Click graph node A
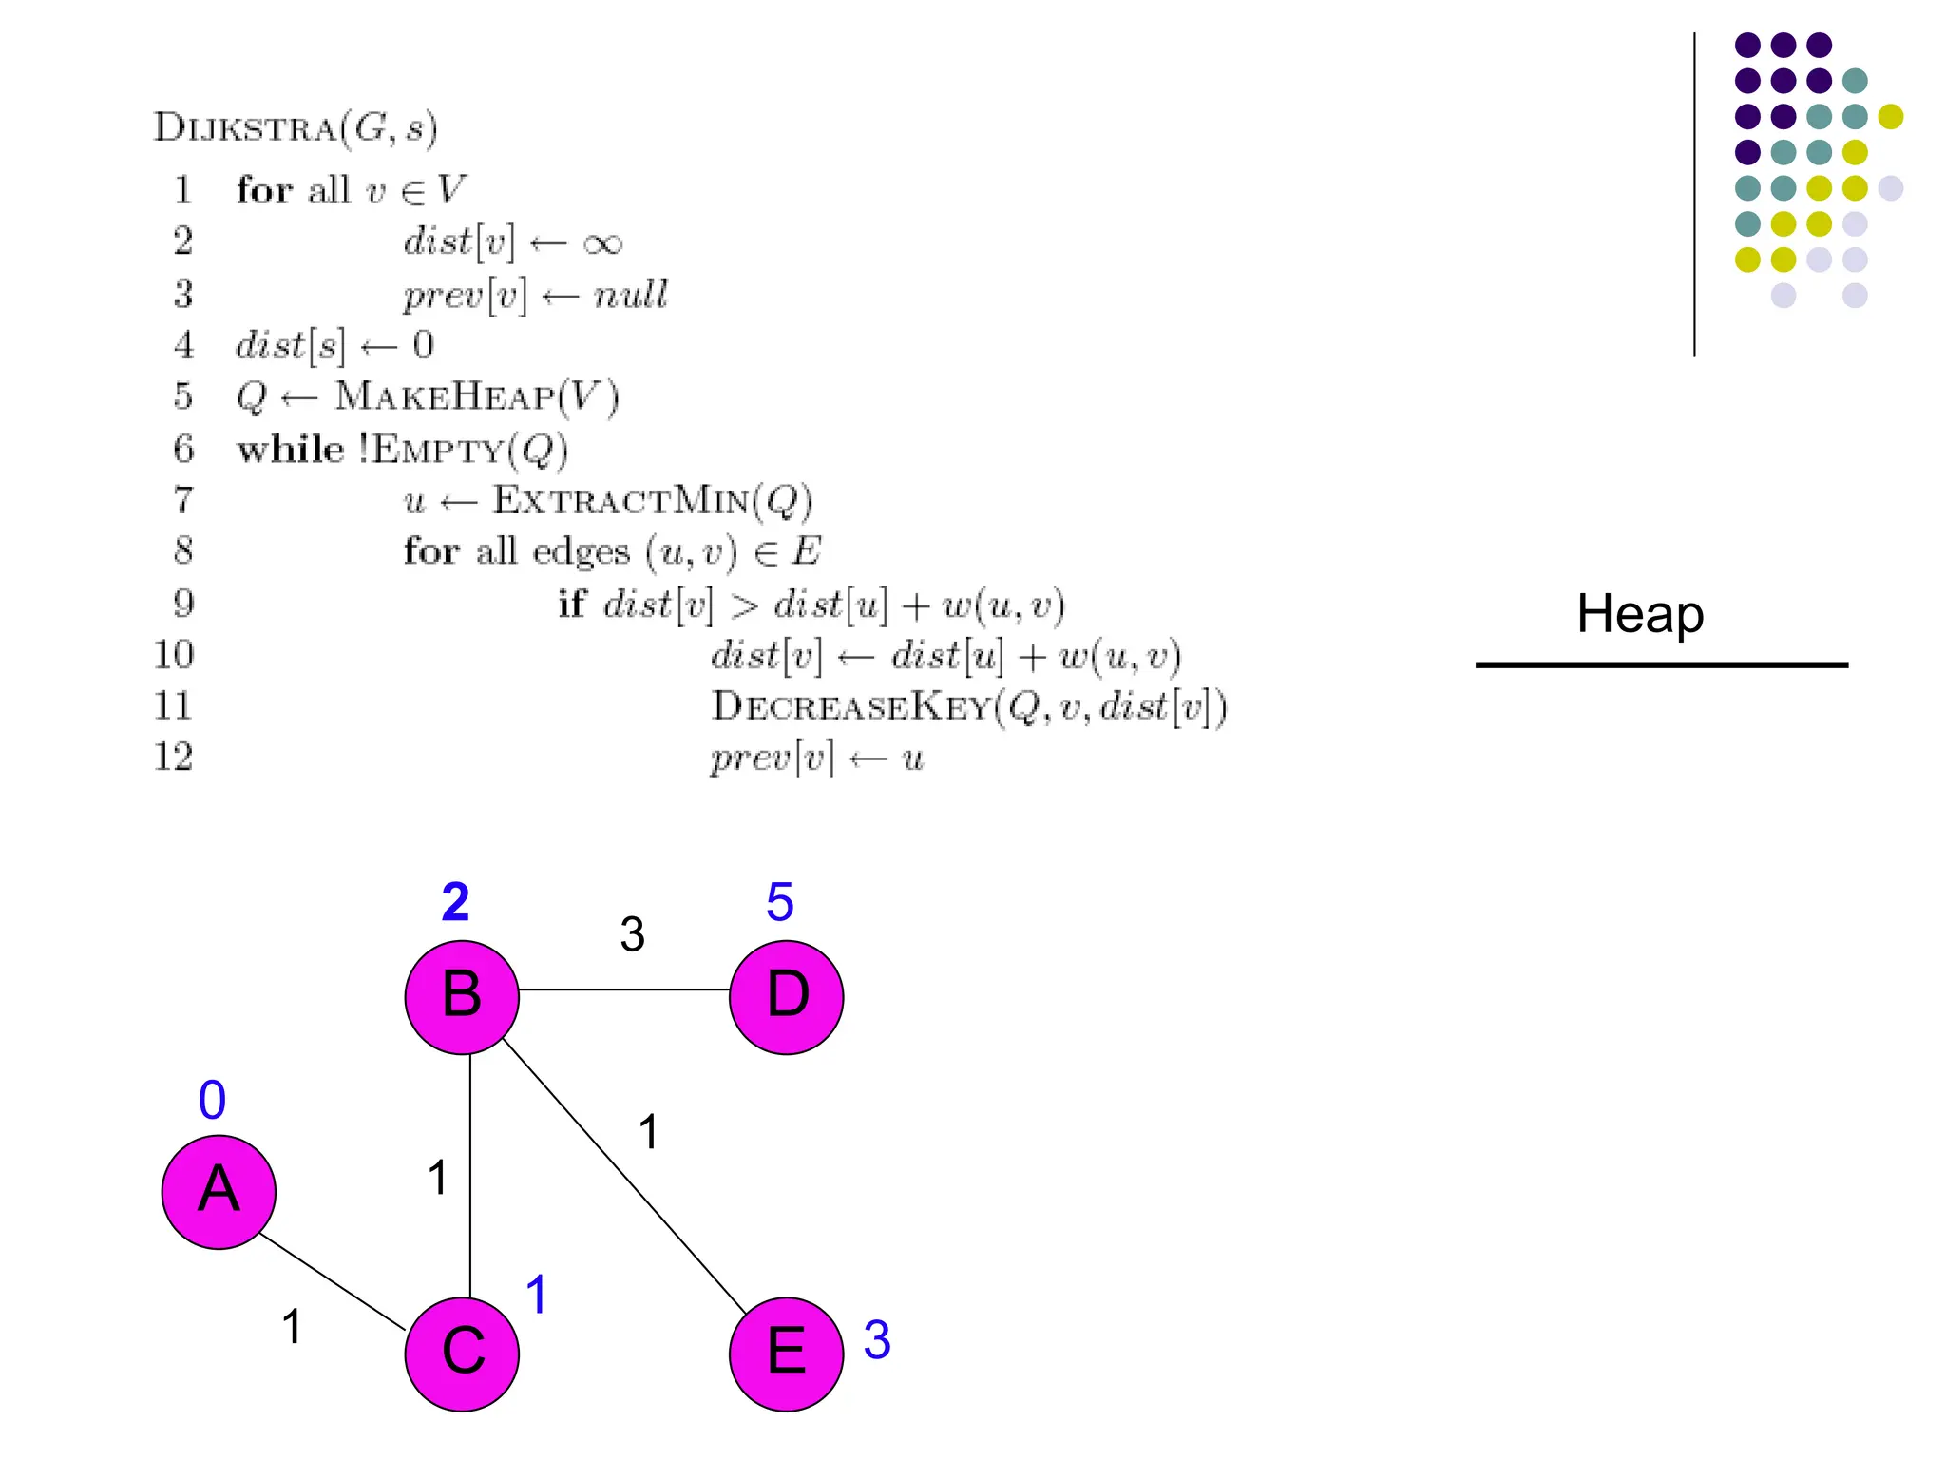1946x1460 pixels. [x=219, y=1191]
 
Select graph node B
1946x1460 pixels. [x=462, y=997]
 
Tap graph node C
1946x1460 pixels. [x=462, y=1354]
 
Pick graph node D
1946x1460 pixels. [x=786, y=997]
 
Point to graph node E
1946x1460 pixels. [x=786, y=1354]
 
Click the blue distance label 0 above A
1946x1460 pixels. [x=212, y=1101]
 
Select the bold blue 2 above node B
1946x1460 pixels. [x=455, y=902]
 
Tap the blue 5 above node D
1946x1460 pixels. [x=780, y=902]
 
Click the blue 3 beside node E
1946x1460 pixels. [x=877, y=1340]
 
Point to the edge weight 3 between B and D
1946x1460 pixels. [x=633, y=934]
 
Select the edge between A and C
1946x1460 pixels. [x=332, y=1281]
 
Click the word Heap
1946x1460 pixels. [x=1640, y=614]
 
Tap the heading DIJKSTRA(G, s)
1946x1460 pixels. [x=296, y=127]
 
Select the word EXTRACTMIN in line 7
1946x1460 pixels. [x=620, y=501]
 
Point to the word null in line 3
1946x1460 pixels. [x=630, y=295]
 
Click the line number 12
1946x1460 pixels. [x=173, y=758]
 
